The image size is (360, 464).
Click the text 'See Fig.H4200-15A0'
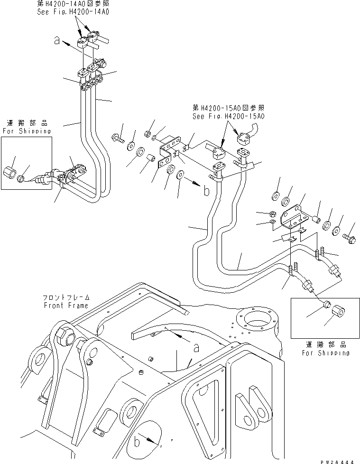228,116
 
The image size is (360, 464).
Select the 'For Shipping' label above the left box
26,131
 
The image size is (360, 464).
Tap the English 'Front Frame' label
65,306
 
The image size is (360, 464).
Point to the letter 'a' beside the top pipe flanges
57,42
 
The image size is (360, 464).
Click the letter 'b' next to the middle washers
205,192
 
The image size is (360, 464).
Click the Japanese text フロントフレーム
65,298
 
